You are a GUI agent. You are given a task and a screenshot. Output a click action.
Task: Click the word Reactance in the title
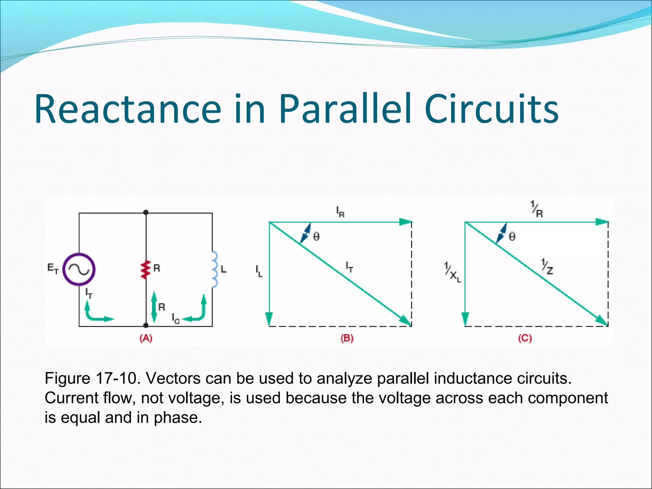[x=127, y=109]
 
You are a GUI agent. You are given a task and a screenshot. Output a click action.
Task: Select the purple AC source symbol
[x=79, y=269]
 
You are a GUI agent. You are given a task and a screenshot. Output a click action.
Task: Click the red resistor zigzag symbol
[x=146, y=269]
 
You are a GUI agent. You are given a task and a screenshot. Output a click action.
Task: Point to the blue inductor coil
[x=215, y=269]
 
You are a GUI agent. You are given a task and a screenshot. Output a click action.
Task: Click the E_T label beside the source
[x=53, y=269]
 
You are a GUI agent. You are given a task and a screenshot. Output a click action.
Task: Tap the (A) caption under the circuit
[x=146, y=338]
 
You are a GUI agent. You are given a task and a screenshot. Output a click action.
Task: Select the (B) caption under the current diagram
[x=347, y=338]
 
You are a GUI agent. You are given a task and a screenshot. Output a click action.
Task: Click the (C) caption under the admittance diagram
[x=525, y=338]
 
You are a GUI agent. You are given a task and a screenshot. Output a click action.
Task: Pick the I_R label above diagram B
[x=340, y=212]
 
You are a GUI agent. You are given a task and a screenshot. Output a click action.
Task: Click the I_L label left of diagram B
[x=259, y=271]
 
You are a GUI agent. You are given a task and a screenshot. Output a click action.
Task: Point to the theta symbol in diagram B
[x=316, y=237]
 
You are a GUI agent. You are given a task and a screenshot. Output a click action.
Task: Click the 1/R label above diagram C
[x=537, y=209]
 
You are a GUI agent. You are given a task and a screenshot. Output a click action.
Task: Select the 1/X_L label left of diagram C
[x=452, y=273]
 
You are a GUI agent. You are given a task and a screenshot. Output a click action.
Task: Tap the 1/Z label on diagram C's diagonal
[x=547, y=267]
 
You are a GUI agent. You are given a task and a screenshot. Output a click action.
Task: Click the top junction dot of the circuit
[x=146, y=212]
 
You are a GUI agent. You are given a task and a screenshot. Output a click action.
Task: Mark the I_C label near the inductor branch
[x=176, y=318]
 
